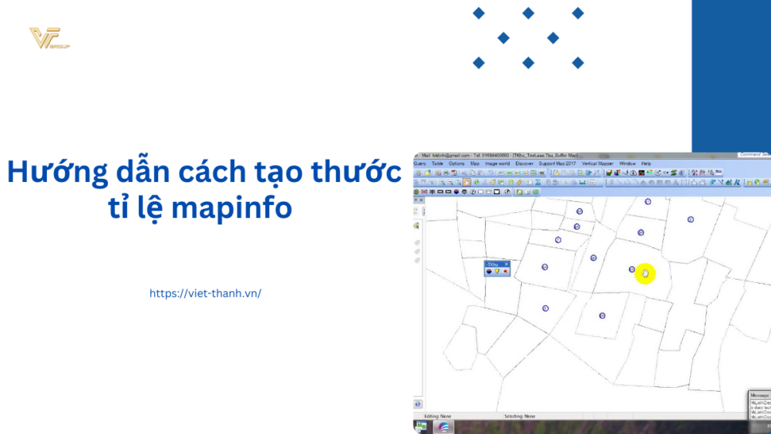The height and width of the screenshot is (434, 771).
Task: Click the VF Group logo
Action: coord(48,39)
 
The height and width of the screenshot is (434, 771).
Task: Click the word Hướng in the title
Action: coord(52,173)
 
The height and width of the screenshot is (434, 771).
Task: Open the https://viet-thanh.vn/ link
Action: coord(205,293)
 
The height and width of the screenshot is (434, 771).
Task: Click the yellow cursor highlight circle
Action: coord(645,273)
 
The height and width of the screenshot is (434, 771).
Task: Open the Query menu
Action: coord(420,163)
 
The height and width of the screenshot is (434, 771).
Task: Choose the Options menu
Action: coord(457,163)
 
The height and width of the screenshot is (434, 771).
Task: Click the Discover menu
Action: coord(524,163)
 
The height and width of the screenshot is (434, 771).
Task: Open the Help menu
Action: coord(646,163)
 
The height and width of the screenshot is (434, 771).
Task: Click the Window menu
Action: coord(627,163)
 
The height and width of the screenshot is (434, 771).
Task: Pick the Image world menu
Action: coord(497,163)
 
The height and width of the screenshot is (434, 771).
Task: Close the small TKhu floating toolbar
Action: coord(507,264)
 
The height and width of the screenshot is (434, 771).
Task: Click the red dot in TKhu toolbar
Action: coord(505,271)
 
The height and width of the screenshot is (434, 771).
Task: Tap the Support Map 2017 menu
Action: coord(557,163)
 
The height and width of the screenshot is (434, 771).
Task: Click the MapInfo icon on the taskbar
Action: coord(443,426)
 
